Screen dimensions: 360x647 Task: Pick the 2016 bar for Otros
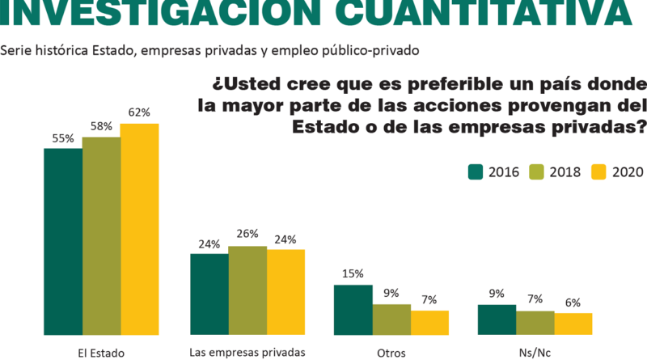tap(353, 309)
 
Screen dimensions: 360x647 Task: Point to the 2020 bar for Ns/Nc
tap(573, 324)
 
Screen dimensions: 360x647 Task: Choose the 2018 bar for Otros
tap(391, 319)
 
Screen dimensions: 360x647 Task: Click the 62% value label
tap(139, 113)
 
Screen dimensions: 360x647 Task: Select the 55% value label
tap(62, 138)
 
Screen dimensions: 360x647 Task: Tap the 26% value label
tap(247, 235)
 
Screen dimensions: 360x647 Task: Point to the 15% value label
tap(353, 274)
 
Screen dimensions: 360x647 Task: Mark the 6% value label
tap(573, 303)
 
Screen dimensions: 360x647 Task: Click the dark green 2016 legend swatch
tap(476, 172)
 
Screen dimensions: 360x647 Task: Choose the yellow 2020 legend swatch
tap(598, 172)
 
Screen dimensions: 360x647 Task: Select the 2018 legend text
tap(565, 172)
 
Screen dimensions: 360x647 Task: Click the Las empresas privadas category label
tap(247, 353)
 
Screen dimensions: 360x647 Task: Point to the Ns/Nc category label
tap(535, 353)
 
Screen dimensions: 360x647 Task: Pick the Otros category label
tap(391, 353)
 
